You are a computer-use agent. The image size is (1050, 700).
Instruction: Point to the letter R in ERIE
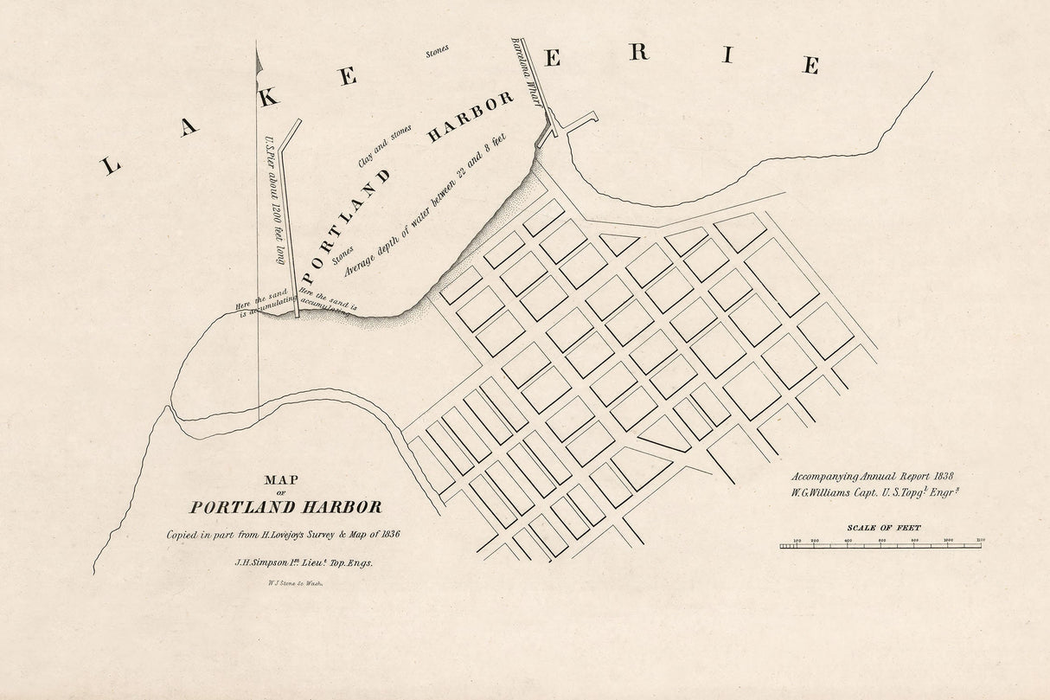coord(638,52)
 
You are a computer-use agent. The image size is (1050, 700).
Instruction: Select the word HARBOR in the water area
coord(471,117)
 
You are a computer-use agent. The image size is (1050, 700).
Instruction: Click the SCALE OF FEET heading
coord(883,527)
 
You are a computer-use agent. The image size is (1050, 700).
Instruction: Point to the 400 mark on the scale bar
coord(848,541)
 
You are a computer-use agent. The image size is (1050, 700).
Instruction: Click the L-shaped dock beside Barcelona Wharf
coord(578,122)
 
